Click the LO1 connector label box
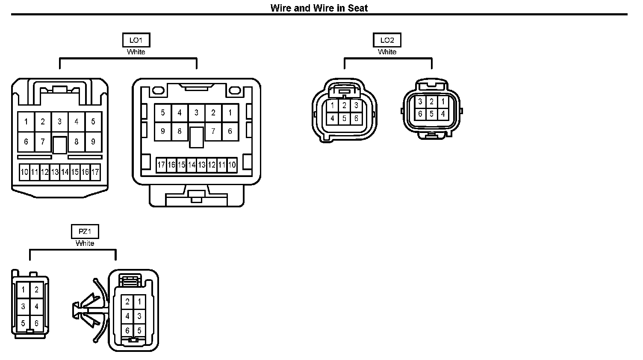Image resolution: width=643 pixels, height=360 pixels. tap(136, 40)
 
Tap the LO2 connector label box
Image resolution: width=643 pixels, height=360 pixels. tap(387, 40)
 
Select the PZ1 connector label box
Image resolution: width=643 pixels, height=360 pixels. tap(85, 232)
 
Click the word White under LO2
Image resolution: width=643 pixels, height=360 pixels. tap(387, 52)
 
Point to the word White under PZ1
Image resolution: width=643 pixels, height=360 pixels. tap(85, 243)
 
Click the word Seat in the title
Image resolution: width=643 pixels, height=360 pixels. tap(358, 8)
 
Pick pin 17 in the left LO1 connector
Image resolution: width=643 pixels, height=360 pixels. tap(95, 172)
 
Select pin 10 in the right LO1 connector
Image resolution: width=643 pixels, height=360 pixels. tap(232, 165)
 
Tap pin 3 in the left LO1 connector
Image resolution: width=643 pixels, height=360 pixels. tap(59, 122)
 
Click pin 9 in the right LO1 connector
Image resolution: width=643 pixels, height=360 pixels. tap(162, 131)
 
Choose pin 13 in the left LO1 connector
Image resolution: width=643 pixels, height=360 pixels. tap(55, 172)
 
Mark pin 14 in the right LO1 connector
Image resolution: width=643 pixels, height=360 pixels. tap(192, 165)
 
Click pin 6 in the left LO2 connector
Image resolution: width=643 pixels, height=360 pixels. tap(356, 118)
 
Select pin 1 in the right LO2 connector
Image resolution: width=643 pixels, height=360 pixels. tap(443, 102)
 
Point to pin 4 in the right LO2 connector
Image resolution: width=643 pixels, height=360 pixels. tap(443, 114)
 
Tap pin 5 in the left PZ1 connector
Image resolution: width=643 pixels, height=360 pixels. tap(23, 324)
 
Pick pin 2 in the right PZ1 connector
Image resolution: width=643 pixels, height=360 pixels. tap(127, 302)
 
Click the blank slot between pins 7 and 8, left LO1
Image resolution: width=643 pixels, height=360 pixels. tap(59, 145)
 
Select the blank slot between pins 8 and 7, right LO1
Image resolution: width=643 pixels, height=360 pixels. tap(196, 137)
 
